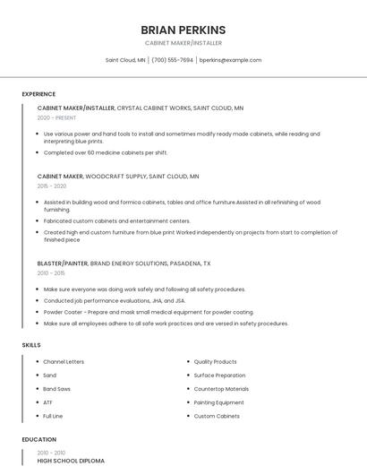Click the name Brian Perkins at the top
pos(183,30)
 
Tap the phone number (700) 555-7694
pos(172,60)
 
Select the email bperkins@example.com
pos(230,60)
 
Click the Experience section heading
pos(38,94)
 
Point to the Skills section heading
pos(31,345)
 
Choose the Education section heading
pos(38,440)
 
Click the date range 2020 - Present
pos(56,117)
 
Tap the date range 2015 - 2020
pos(52,186)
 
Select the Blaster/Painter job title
pos(63,263)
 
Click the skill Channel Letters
pos(64,362)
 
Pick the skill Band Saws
pos(57,389)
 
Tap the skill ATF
pos(48,402)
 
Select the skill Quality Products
pos(215,362)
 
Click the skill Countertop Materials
pos(221,389)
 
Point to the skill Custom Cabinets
pos(217,416)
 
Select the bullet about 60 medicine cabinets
pos(106,152)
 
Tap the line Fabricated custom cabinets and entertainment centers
pos(116,220)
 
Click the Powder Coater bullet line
pos(136,312)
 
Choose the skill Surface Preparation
pos(219,376)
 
